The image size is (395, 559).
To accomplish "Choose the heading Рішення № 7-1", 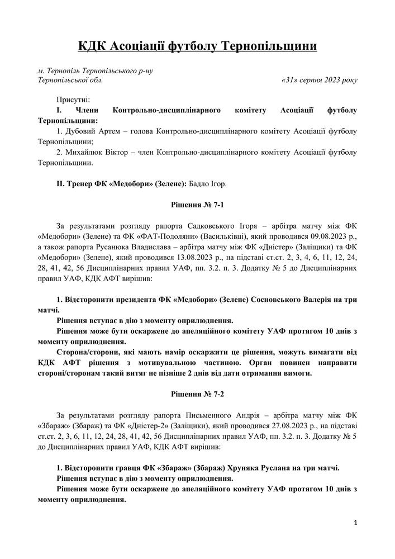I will point(197,205).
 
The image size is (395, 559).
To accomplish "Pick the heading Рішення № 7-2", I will point(197,394).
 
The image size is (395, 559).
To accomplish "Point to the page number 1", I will point(355,523).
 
